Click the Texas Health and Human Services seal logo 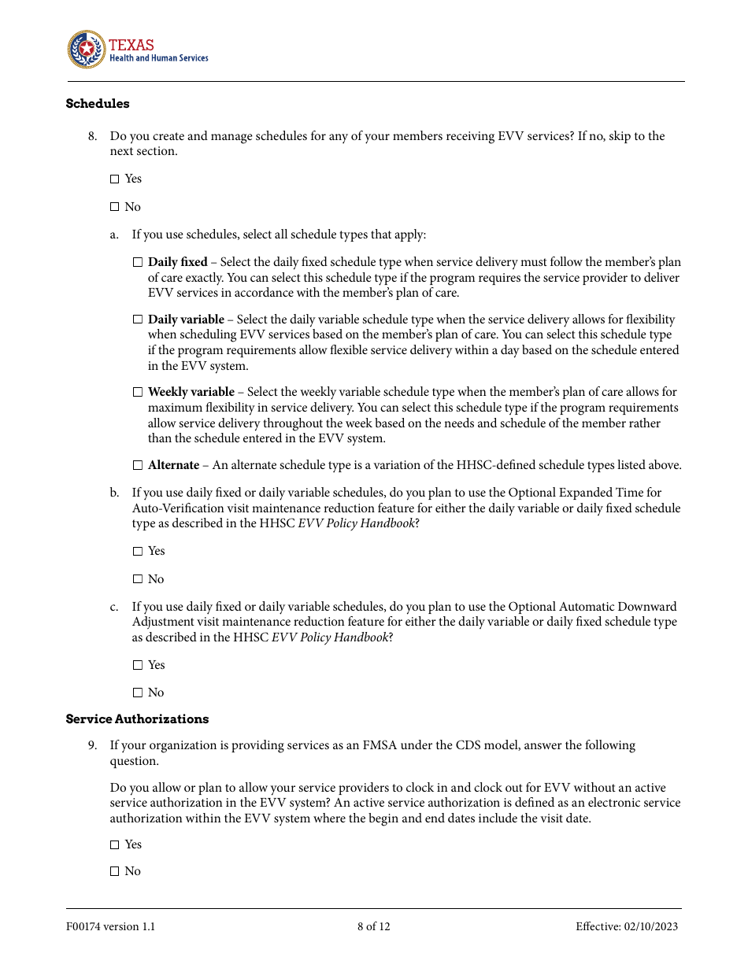pos(86,50)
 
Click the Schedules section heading pos(98,104)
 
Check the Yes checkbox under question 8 pos(114,179)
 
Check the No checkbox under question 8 pos(114,207)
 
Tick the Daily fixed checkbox pos(138,262)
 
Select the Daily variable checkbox pos(138,320)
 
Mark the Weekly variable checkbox pos(138,392)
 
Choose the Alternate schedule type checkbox pos(138,465)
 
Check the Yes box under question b pos(138,552)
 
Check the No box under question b pos(138,579)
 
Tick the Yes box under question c pos(138,665)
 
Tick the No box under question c pos(138,693)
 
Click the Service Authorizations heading pos(137,719)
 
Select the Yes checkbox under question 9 pos(114,844)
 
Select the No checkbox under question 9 pos(114,871)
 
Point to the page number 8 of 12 pos(373,926)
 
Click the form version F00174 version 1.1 pos(110,926)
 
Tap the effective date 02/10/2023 pos(627,926)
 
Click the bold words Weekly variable pos(191,392)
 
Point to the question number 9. pos(92,745)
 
